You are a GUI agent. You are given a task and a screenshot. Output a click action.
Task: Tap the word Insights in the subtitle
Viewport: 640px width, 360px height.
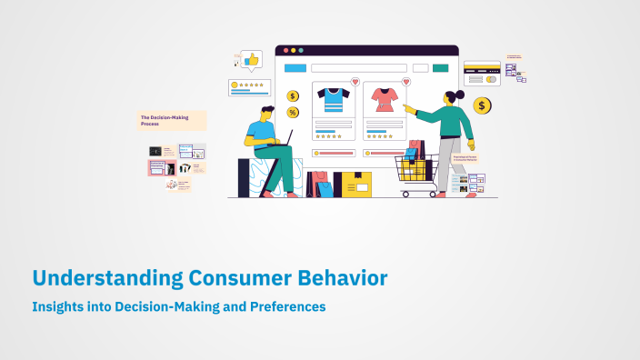(58, 307)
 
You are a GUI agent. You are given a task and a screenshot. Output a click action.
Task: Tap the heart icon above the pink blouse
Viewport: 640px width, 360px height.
(405, 82)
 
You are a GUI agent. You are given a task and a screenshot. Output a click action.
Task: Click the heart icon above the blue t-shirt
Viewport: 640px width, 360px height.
(355, 82)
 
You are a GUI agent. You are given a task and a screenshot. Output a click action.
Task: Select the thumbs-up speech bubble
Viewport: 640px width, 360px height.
(251, 60)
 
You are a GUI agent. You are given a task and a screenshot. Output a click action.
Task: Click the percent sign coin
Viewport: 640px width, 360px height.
(293, 112)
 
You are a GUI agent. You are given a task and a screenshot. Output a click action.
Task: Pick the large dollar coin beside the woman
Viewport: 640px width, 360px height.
(483, 106)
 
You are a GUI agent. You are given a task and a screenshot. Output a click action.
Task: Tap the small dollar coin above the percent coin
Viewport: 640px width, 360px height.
(293, 95)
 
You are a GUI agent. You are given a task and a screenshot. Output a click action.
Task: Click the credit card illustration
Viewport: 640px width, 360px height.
(481, 73)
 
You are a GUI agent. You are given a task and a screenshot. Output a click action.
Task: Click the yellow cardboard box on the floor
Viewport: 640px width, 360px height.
(354, 185)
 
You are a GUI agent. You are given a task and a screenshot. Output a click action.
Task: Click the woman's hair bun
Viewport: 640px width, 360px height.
(461, 94)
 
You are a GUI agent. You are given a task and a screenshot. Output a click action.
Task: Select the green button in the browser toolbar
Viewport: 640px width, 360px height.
(440, 68)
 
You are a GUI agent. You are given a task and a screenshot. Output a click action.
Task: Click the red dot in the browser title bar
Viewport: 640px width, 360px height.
(284, 50)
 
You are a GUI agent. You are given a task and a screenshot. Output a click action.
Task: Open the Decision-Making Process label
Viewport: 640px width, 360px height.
(172, 120)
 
